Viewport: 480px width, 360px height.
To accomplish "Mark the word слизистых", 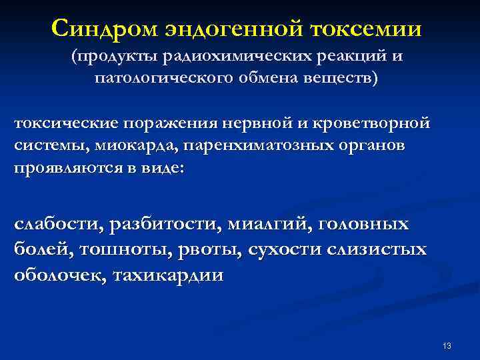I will (383, 249).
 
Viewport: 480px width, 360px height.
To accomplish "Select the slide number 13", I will (447, 345).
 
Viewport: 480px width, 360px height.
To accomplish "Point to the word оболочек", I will (56, 274).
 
